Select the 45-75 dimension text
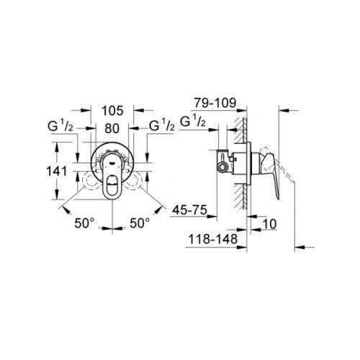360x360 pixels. [191, 211]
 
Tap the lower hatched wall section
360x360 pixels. [247, 202]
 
